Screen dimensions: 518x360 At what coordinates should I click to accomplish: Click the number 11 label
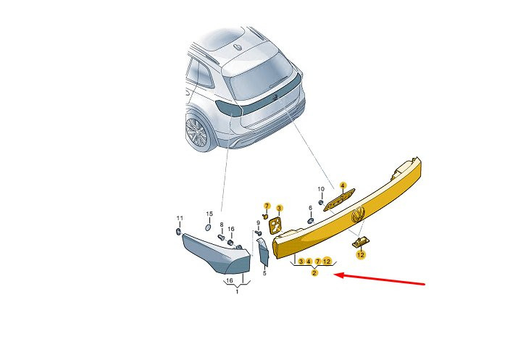click(x=180, y=218)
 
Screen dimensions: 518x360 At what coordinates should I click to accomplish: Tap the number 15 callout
click(x=209, y=214)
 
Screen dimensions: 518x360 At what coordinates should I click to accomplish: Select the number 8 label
click(x=222, y=225)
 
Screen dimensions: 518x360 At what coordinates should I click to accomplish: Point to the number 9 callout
click(x=259, y=223)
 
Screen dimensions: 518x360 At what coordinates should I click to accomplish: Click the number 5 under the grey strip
click(x=264, y=273)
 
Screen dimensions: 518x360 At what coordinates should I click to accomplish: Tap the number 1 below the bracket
click(x=237, y=292)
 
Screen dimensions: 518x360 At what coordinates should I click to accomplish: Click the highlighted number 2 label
click(x=314, y=272)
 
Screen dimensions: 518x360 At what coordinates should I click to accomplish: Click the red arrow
click(x=380, y=279)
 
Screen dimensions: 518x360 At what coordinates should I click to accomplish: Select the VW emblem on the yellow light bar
click(x=358, y=214)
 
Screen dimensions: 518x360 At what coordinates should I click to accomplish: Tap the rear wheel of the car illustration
click(x=197, y=132)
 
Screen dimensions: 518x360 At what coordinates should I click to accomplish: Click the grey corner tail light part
click(x=217, y=253)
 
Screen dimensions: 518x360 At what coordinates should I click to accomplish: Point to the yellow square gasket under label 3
click(x=275, y=225)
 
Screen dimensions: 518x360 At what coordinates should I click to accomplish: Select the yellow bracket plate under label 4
click(x=339, y=199)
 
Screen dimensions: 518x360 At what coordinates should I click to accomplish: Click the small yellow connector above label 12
click(x=360, y=242)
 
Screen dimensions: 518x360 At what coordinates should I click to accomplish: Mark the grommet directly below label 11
click(x=179, y=231)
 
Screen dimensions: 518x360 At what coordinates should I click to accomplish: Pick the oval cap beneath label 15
click(x=208, y=227)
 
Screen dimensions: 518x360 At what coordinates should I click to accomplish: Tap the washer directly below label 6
click(x=311, y=221)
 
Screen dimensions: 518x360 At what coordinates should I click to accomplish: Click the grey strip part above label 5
click(x=263, y=251)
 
